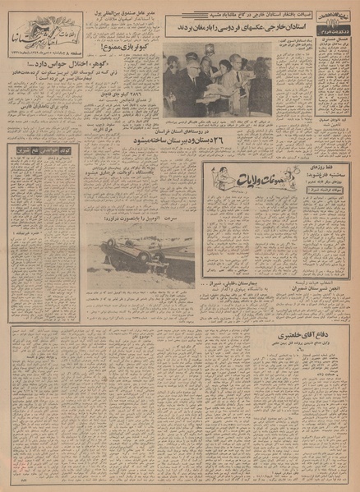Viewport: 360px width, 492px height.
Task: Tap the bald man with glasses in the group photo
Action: [x=191, y=82]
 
